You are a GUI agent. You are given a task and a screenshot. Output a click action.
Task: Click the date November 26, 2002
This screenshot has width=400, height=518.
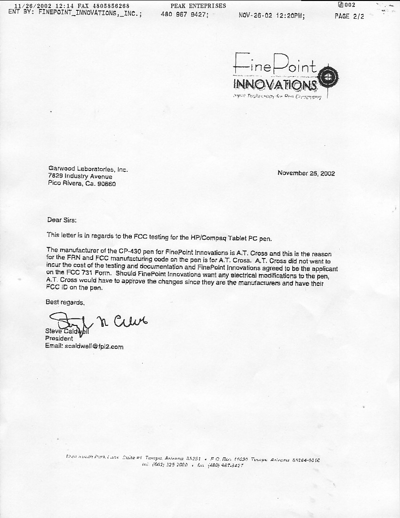click(x=306, y=173)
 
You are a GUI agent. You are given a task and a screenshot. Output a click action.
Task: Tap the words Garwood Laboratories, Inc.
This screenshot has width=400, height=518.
click(x=88, y=169)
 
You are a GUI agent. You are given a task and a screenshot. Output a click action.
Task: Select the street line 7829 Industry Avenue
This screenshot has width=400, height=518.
click(x=80, y=176)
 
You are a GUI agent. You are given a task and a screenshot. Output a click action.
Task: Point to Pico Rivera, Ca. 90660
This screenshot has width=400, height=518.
click(x=82, y=184)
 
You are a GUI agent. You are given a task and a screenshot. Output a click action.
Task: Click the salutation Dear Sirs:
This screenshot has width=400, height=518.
click(x=61, y=219)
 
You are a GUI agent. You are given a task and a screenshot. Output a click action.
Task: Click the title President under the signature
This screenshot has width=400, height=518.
click(x=59, y=338)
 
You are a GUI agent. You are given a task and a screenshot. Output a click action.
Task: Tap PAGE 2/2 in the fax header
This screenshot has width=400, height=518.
click(x=349, y=16)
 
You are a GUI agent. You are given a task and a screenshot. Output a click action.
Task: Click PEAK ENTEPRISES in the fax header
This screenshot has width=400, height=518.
click(x=198, y=6)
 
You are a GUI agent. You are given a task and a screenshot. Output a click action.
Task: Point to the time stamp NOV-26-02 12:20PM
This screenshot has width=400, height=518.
click(x=272, y=16)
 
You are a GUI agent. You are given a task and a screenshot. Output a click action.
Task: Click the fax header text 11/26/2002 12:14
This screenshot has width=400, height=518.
click(x=41, y=6)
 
